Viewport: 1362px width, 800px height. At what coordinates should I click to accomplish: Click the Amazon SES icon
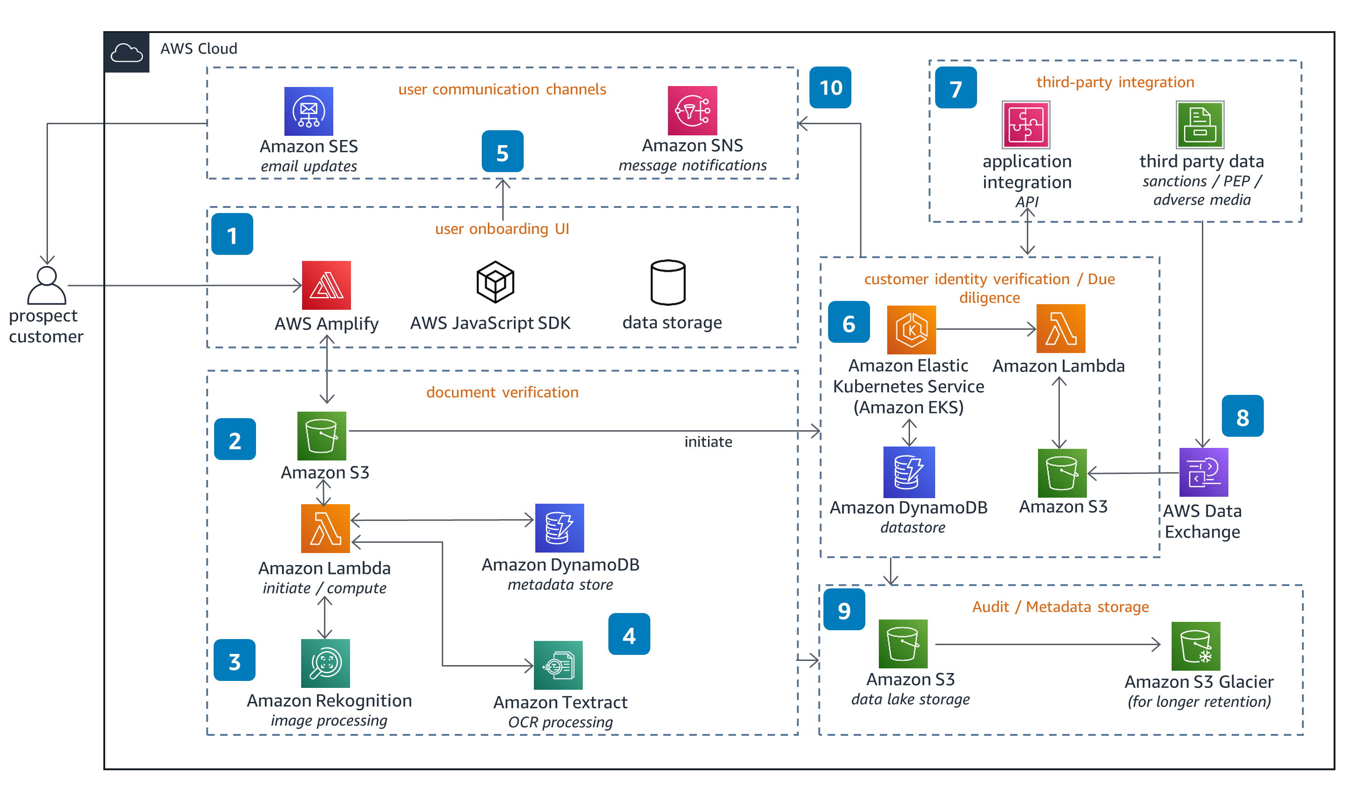[309, 111]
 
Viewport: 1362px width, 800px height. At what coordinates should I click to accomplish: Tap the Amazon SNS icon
[692, 111]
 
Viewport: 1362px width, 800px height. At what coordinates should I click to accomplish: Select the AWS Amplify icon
[326, 285]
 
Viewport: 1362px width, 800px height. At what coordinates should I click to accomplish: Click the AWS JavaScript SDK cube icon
[495, 282]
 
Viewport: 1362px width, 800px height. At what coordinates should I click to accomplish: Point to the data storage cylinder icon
[668, 282]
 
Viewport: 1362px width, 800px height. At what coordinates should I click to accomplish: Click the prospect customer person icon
[47, 285]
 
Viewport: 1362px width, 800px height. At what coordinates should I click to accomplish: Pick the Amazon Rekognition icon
[325, 663]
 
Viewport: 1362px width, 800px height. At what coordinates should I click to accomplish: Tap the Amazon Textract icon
[558, 665]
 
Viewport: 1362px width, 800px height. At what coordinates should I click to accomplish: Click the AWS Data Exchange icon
[1204, 472]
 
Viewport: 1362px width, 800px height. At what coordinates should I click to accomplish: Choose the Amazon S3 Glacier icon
[1196, 646]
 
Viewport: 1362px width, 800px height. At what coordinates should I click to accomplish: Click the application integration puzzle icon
[1026, 125]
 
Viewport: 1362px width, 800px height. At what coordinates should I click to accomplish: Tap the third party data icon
[1200, 125]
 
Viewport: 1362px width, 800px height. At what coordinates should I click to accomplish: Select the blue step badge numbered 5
[503, 151]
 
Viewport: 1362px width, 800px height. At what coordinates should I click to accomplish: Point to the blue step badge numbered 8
[1242, 416]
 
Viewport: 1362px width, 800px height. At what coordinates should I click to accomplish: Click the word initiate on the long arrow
[708, 442]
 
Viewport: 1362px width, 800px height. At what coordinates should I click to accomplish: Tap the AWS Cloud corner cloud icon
[127, 53]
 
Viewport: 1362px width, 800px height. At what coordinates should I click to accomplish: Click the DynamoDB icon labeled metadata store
[560, 528]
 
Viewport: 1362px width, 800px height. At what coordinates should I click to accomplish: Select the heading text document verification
[502, 392]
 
